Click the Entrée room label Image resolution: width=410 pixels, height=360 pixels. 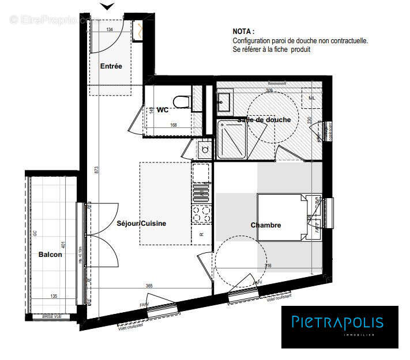pos(111,66)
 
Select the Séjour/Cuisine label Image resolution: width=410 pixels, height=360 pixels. pos(141,223)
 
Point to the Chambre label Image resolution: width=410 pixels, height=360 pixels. pos(266,225)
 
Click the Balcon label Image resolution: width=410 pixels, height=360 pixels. pos(50,255)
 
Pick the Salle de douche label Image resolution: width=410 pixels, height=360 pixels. pos(264,120)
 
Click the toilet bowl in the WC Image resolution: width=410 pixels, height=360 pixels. pos(183,101)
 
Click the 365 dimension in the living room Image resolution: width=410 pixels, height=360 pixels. pos(148,286)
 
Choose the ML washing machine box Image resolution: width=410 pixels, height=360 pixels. pos(312,98)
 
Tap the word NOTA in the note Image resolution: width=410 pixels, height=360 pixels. pos(243,31)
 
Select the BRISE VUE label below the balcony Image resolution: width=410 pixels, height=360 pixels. pos(56,317)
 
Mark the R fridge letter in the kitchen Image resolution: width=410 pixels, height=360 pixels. pos(201,234)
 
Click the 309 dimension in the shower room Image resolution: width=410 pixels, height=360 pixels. pos(269,90)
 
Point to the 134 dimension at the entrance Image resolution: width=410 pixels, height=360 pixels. pos(109,29)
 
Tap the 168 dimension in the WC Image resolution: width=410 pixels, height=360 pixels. pos(173,124)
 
